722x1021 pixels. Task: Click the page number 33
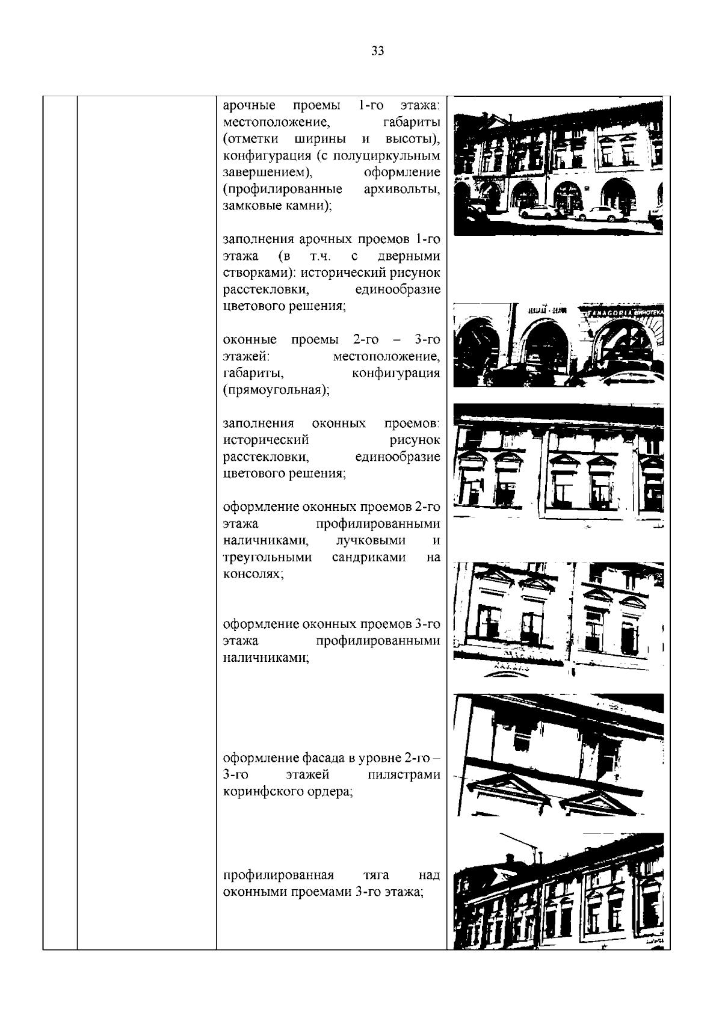[378, 51]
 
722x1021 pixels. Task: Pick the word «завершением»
[268, 173]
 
